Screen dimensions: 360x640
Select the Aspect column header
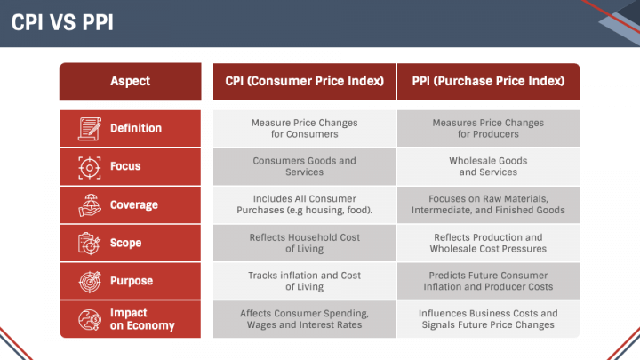tap(130, 81)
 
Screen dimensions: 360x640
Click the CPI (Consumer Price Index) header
tap(304, 81)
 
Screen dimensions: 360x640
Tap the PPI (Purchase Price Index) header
tap(488, 81)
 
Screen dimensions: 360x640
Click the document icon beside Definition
tap(89, 128)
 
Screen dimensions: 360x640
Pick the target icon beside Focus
tap(89, 166)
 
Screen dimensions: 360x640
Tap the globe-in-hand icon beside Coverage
tap(89, 204)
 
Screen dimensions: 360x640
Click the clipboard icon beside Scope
tap(89, 243)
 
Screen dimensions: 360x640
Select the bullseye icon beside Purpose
tap(89, 281)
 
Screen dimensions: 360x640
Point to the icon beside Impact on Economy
tap(89, 319)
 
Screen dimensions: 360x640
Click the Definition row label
tap(136, 128)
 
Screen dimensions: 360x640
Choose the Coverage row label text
tap(134, 204)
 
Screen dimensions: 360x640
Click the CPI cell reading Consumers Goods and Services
tap(304, 166)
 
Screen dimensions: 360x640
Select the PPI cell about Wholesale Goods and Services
tap(488, 166)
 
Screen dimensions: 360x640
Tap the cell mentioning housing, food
tap(304, 204)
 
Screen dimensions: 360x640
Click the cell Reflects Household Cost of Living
tap(304, 243)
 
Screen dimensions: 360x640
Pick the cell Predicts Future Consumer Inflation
tap(488, 281)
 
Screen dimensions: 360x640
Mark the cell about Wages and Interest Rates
tap(304, 319)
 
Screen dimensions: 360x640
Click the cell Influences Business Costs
tap(488, 319)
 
